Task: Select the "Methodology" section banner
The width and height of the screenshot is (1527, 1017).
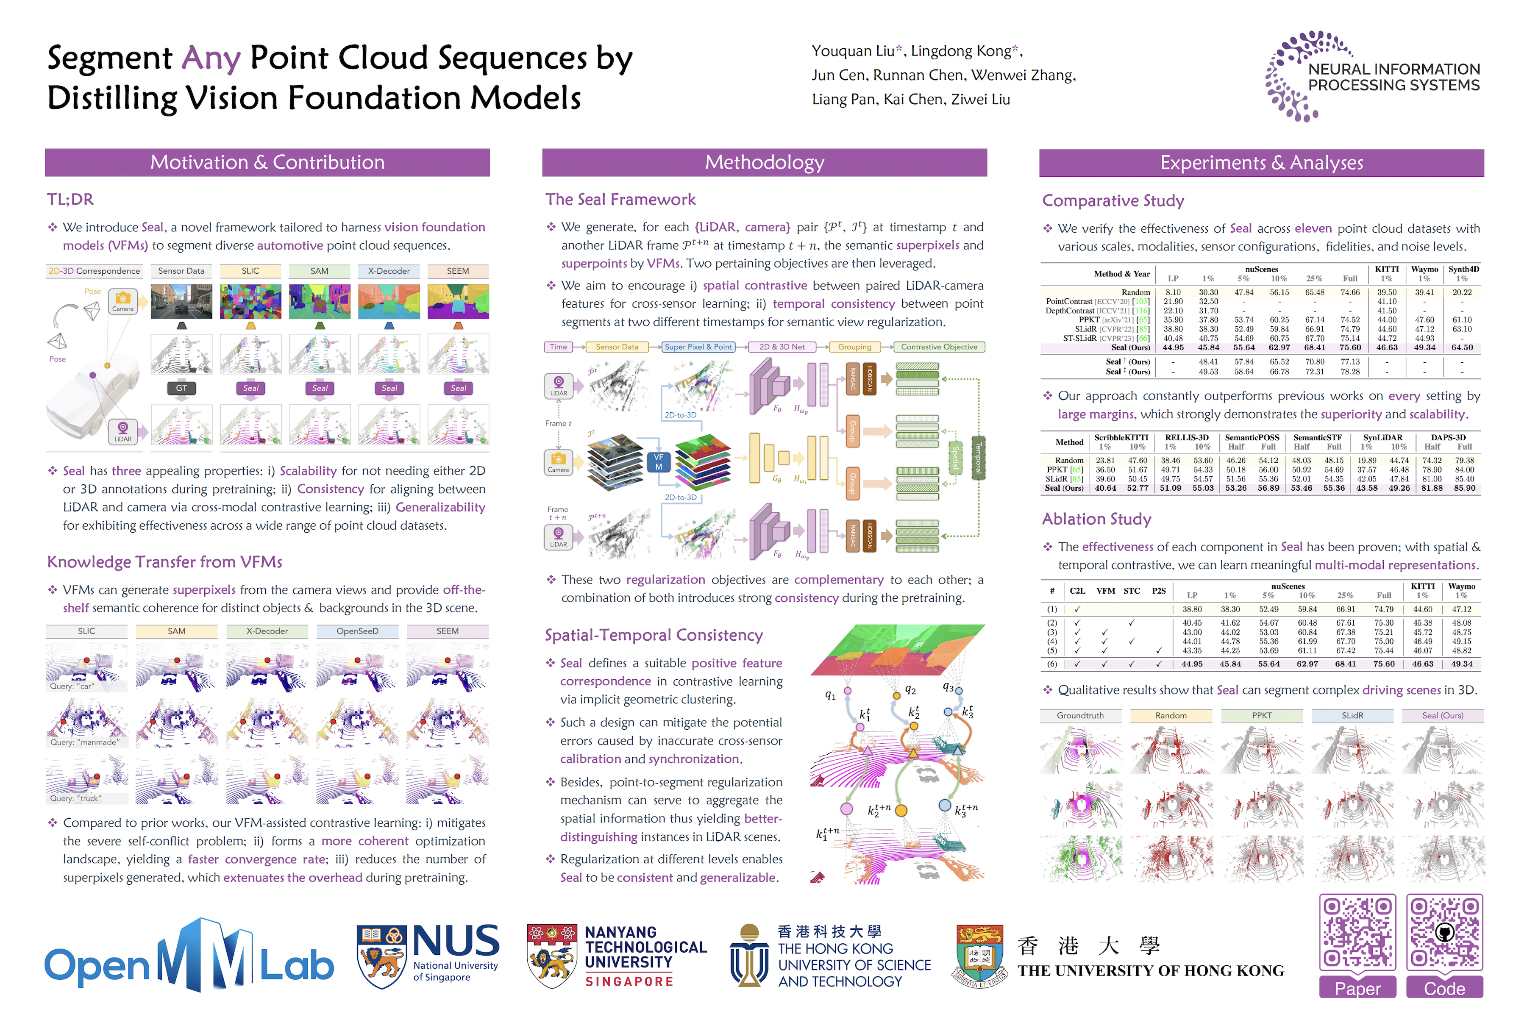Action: pyautogui.click(x=764, y=162)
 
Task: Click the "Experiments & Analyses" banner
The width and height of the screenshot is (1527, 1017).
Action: pyautogui.click(x=1260, y=163)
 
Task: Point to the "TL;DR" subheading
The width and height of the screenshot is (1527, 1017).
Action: pyautogui.click(x=70, y=199)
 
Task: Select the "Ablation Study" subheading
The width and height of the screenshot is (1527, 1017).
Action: pyautogui.click(x=1096, y=519)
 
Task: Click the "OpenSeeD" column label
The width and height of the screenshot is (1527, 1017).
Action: pyautogui.click(x=357, y=631)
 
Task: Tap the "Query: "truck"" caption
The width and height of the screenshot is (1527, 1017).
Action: pyautogui.click(x=75, y=798)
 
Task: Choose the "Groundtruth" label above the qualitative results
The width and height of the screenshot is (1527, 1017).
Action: pyautogui.click(x=1079, y=715)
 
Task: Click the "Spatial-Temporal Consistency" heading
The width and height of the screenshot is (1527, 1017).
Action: pyautogui.click(x=653, y=635)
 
